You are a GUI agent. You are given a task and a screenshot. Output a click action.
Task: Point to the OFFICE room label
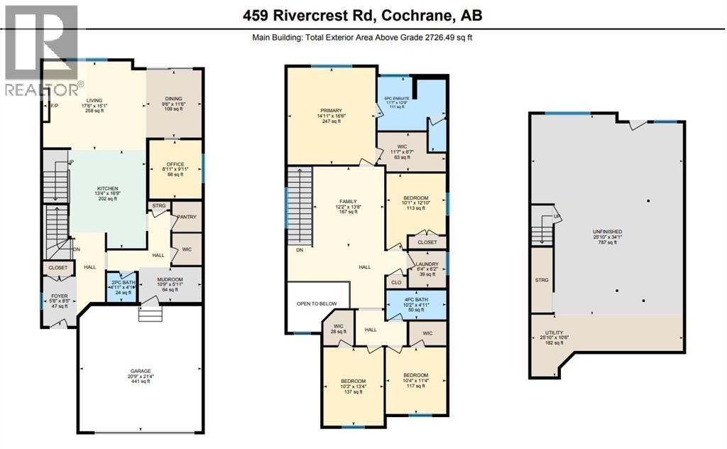coord(175,164)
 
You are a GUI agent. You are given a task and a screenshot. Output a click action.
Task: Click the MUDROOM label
coord(169,280)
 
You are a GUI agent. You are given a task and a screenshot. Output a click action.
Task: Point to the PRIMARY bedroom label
coord(331,111)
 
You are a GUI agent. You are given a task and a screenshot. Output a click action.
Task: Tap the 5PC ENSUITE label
coord(396,99)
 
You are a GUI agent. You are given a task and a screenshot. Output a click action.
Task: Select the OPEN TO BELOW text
coord(317,303)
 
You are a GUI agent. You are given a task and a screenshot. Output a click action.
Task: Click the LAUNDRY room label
coord(427,264)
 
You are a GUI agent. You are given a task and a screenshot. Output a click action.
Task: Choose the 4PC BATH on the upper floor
coord(415,300)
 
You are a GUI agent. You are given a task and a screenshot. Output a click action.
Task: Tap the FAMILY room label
coord(347,201)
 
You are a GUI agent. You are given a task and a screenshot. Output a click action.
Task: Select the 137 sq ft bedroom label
coord(353,382)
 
